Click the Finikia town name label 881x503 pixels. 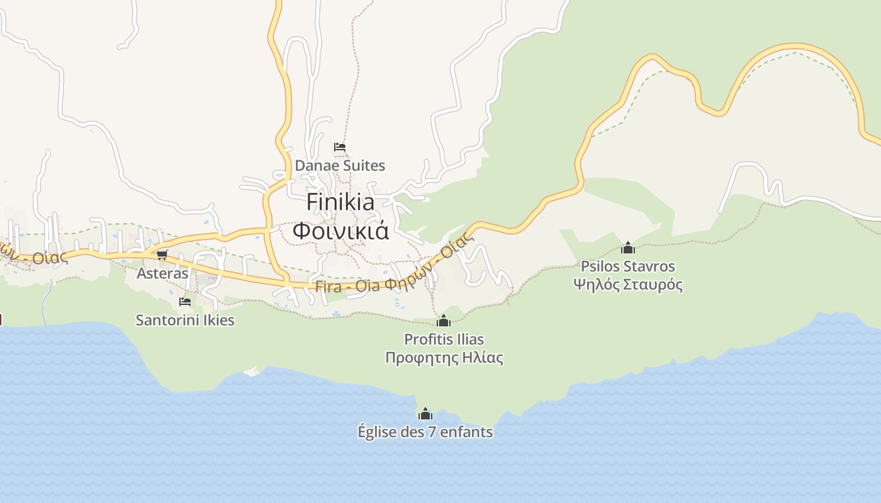coord(340,202)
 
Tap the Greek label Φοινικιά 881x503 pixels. coord(340,231)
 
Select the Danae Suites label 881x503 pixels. coord(340,165)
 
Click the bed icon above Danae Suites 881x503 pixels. coord(340,147)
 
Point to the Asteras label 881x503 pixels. coord(162,274)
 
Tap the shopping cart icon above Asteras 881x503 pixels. coord(162,255)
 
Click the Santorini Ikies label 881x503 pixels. coord(185,320)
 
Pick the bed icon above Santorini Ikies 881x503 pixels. coord(185,302)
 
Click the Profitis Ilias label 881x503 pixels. coord(444,340)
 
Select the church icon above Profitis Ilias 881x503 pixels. coord(444,321)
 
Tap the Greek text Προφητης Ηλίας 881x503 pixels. coord(444,358)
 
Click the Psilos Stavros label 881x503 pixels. coord(627,266)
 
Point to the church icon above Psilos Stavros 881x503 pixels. coord(627,248)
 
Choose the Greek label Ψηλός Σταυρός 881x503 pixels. coord(627,284)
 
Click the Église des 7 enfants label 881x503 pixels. coord(425,432)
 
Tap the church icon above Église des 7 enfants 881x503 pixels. coord(425,414)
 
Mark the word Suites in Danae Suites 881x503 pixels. coord(363,165)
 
